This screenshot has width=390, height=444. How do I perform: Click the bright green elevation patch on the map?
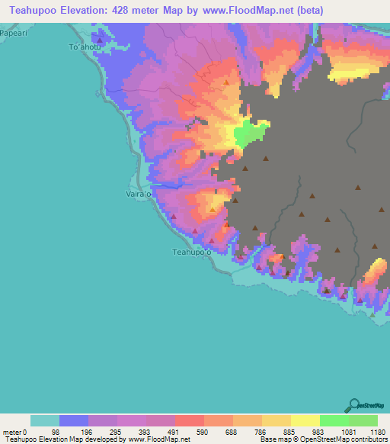click(x=250, y=134)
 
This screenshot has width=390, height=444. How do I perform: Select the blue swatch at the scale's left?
click(x=74, y=420)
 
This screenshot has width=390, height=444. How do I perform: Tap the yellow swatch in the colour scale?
click(x=305, y=420)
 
